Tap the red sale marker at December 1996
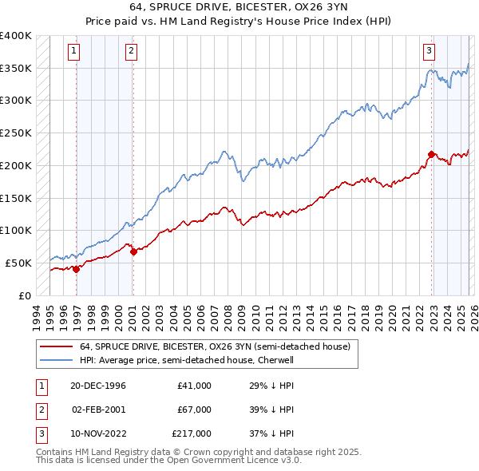coord(77,269)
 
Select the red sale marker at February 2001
coord(133,251)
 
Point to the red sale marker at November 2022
coord(431,154)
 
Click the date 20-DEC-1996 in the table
coord(99,386)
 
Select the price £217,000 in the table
coord(192,433)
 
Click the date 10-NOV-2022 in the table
coord(99,433)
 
